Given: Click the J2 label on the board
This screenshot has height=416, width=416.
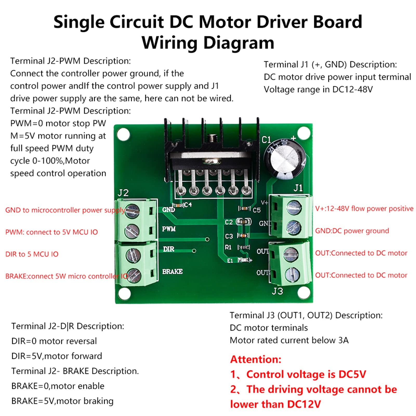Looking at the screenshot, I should [123, 193].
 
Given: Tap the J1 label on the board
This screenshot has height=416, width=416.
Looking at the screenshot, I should [298, 188].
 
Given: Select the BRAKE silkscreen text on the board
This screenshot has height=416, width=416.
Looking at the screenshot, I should [172, 272].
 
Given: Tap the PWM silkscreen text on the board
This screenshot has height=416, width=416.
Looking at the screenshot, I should [169, 229].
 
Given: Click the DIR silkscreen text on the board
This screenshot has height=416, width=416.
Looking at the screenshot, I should [169, 249].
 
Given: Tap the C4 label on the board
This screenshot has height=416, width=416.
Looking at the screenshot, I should [188, 205].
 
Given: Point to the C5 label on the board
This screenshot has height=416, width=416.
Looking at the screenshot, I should [256, 210].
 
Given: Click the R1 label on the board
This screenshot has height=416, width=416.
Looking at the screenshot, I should [228, 247].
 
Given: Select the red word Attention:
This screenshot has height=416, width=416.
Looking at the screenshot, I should [256, 359].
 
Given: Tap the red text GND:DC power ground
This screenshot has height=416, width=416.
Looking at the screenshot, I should [352, 231].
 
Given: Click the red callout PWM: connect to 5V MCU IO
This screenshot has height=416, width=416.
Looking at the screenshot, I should [51, 232].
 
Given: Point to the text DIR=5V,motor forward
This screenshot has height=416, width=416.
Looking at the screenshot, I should [57, 356].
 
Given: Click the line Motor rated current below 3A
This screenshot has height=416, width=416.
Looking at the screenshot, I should [289, 340].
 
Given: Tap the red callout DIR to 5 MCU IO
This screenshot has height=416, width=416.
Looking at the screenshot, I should [32, 254].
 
